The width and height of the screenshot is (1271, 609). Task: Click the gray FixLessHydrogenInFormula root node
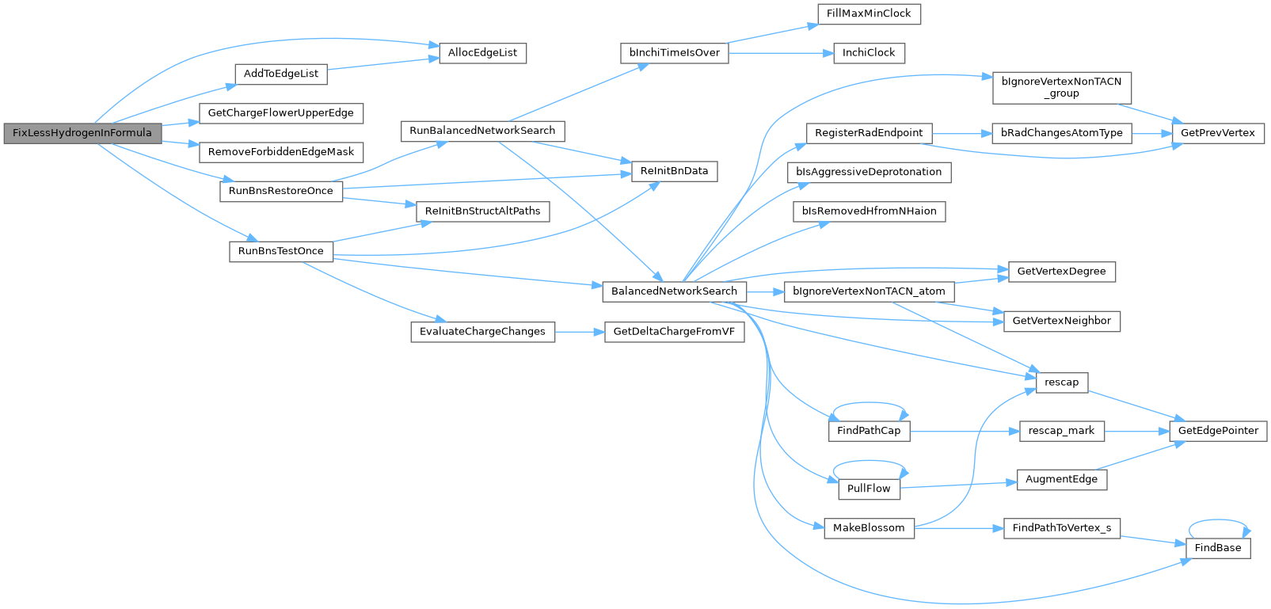point(83,133)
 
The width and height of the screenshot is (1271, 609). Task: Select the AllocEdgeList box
point(483,53)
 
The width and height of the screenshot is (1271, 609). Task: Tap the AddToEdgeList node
point(281,74)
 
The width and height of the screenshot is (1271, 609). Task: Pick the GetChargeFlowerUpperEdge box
point(281,113)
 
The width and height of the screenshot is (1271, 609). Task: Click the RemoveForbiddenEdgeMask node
point(281,152)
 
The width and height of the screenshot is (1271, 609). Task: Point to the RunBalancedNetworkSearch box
point(483,131)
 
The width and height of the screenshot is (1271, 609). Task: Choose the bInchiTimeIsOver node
point(675,53)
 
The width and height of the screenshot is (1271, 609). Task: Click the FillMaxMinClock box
point(869,14)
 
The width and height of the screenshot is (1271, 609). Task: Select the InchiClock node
point(869,53)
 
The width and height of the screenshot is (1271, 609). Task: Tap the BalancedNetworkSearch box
point(675,291)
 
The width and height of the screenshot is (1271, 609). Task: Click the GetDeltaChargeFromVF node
point(675,332)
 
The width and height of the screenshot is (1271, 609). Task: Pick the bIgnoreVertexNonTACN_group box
point(1062,88)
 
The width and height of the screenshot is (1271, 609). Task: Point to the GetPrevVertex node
point(1218,133)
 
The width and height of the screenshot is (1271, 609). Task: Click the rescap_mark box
point(1062,432)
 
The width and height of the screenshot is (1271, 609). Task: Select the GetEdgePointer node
point(1218,432)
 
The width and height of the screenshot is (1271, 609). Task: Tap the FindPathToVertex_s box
point(1062,528)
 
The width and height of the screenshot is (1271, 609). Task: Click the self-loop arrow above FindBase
point(1218,520)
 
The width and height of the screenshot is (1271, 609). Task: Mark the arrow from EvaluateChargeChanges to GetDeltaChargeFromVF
point(580,332)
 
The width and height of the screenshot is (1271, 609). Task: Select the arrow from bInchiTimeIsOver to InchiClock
point(781,53)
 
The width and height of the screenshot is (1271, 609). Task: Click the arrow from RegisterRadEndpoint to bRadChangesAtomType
point(961,133)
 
